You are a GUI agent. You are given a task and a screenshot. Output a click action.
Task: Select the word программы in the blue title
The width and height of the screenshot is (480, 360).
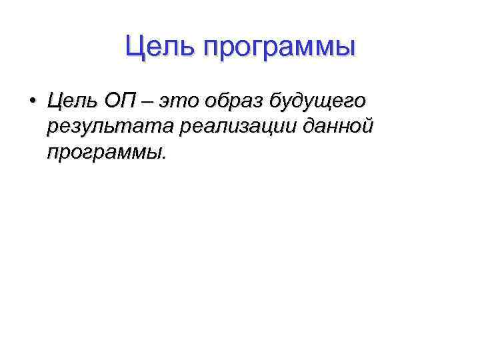[279, 49]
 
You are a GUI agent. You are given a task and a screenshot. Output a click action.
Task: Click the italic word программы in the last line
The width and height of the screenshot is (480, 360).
[103, 154]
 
